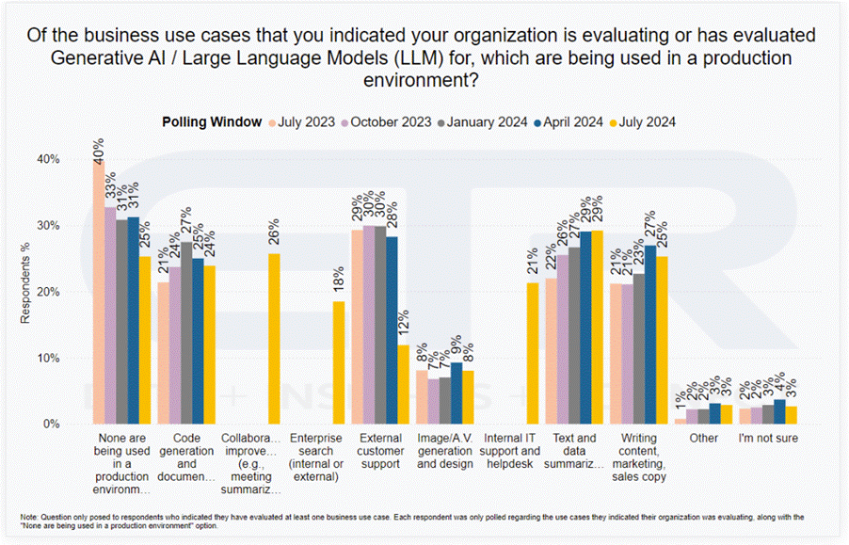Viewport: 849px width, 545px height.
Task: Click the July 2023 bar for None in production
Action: click(99, 292)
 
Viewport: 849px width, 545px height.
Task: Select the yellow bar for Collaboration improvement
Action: click(275, 338)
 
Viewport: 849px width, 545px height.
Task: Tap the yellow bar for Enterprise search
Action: click(339, 362)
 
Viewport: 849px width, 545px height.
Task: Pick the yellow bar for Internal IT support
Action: click(533, 353)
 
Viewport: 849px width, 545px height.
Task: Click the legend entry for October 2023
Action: click(386, 122)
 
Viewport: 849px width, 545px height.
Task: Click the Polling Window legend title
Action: click(213, 122)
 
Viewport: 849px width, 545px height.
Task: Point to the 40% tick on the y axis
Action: click(48, 159)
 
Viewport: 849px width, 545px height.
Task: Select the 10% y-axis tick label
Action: click(48, 358)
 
